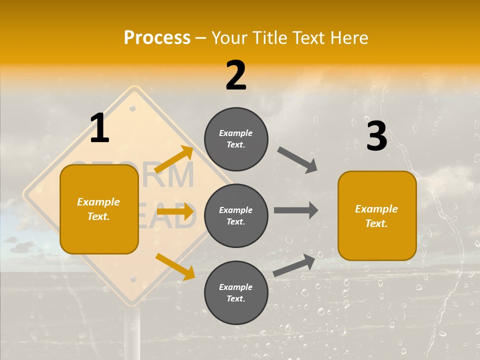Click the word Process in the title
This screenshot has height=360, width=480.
[157, 37]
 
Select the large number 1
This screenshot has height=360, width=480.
[99, 128]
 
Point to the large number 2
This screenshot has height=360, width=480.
[236, 75]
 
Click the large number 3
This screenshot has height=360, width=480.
[377, 136]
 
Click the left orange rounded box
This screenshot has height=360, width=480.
[99, 209]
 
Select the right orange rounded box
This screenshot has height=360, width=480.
[377, 215]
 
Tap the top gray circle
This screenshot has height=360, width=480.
[236, 139]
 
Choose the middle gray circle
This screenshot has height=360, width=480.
[236, 215]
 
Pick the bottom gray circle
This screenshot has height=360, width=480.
[236, 292]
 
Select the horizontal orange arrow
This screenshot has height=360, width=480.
[175, 211]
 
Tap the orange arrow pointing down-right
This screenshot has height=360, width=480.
[175, 266]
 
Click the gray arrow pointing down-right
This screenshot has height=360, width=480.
[297, 160]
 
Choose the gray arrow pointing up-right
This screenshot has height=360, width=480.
[294, 265]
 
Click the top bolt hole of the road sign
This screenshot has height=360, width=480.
[132, 108]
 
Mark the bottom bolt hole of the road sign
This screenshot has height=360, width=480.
[132, 278]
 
